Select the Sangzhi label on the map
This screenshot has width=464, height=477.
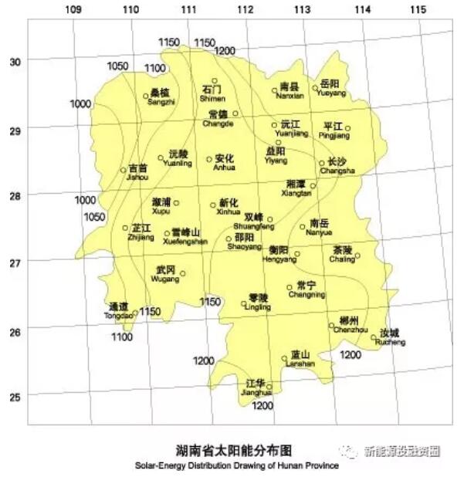(x=161, y=97)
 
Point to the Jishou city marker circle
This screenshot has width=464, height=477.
(x=123, y=170)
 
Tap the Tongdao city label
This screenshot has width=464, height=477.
(x=119, y=310)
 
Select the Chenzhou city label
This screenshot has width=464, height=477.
(x=350, y=325)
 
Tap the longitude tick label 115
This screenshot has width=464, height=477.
(x=418, y=9)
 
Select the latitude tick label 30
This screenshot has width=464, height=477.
(x=13, y=60)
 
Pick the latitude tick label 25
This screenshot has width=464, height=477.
(x=13, y=397)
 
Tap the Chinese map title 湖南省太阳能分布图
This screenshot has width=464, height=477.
(x=235, y=450)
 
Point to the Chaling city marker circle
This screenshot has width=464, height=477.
(x=357, y=255)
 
